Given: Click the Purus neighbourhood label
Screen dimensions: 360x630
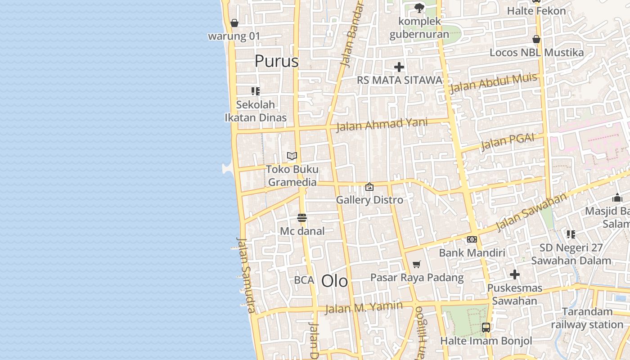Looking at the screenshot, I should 276,61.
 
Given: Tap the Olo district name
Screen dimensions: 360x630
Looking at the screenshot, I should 334,281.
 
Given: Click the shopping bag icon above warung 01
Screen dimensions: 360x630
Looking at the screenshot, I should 234,23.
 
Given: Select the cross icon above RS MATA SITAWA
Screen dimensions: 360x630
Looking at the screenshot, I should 399,67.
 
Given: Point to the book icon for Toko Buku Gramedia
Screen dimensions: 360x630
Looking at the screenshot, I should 292,156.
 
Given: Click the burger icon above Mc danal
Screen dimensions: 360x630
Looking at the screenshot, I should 302,218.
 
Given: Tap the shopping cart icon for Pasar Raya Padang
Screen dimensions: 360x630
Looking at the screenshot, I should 417,265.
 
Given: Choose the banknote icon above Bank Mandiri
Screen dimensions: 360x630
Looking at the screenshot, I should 472,239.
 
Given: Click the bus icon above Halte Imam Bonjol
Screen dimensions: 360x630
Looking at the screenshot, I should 486,327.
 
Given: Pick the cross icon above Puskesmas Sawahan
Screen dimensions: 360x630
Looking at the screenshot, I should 515,274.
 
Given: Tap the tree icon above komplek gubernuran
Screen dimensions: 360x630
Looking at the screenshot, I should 419,8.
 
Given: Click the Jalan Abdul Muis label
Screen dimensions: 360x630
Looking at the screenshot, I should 493,83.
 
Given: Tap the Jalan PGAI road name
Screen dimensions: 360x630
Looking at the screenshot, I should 508,142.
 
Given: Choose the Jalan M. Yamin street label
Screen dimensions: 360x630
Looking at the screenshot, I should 364,307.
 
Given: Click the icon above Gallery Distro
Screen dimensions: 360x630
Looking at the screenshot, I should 369,187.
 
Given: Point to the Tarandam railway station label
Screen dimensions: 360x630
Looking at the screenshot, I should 587,318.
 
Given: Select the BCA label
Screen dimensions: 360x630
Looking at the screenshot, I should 304,280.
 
